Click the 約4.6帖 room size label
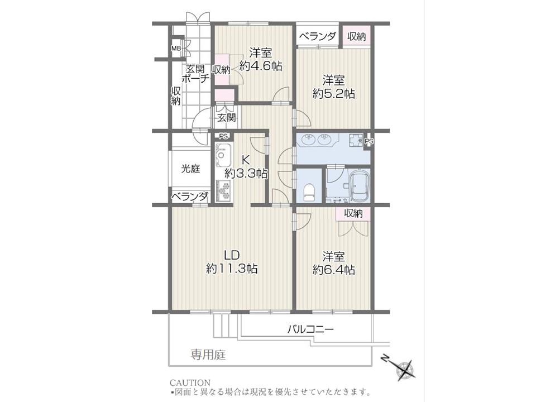click(x=261, y=66)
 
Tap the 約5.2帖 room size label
click(x=334, y=93)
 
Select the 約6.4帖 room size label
click(x=334, y=270)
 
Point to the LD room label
click(x=231, y=255)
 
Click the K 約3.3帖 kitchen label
click(x=246, y=167)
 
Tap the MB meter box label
click(x=176, y=48)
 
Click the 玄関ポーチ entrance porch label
click(x=195, y=74)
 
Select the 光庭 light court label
click(x=190, y=169)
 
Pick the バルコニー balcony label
click(x=310, y=329)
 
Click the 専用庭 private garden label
click(x=208, y=355)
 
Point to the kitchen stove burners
click(x=223, y=191)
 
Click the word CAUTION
click(x=190, y=382)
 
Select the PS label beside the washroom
click(x=369, y=141)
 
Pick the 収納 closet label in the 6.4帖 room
click(x=353, y=214)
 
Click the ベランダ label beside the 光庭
click(x=190, y=197)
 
